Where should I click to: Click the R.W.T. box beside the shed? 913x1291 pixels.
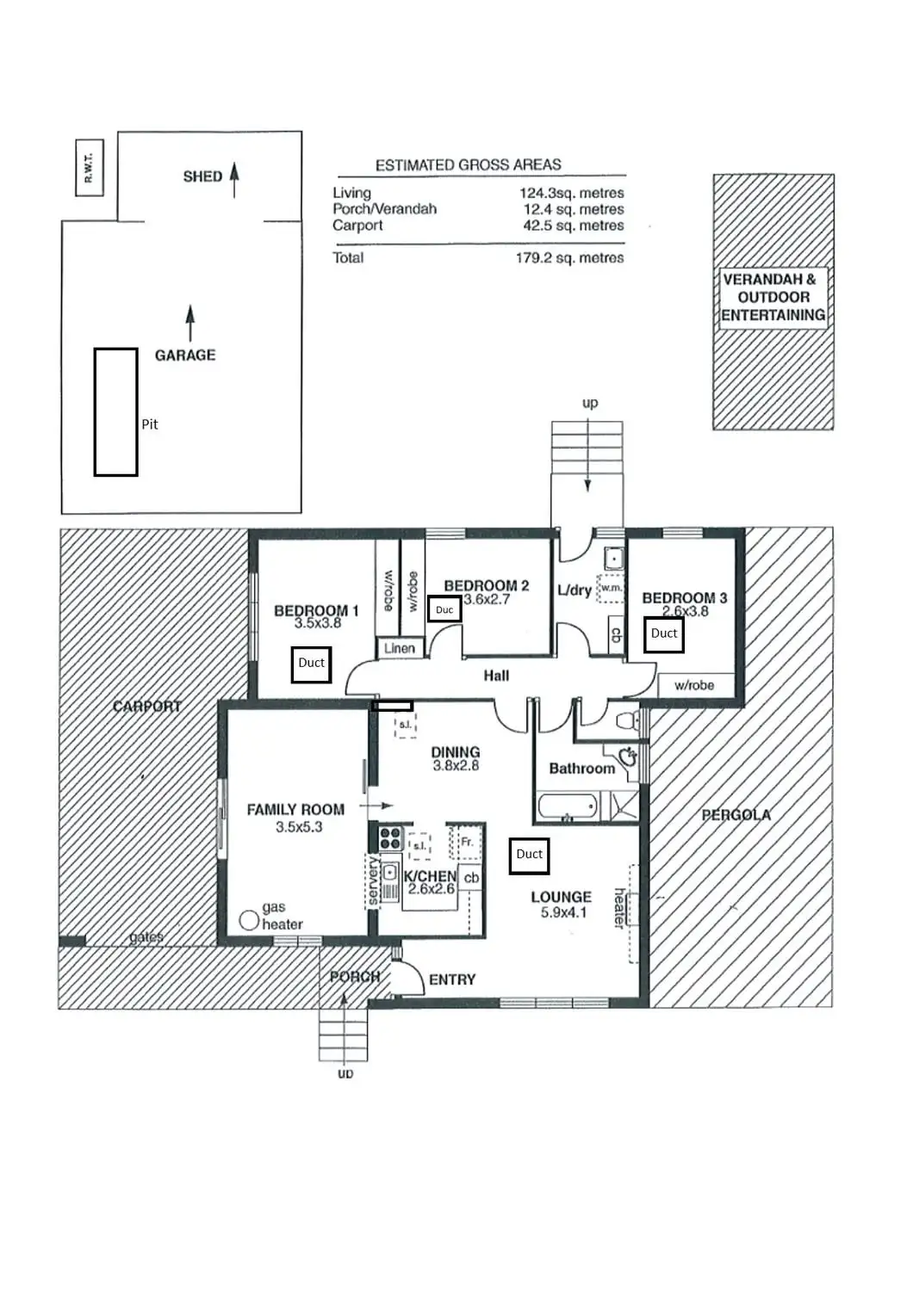coord(89,167)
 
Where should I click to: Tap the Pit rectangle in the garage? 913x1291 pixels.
coord(115,411)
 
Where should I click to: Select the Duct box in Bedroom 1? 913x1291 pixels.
coord(311,664)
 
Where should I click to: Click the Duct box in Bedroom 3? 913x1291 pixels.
coord(664,634)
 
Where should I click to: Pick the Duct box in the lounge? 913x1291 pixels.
coord(529,855)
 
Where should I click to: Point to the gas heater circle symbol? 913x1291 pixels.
coord(249,920)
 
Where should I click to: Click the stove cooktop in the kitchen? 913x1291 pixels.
coord(391,838)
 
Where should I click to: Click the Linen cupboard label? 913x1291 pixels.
coord(400,648)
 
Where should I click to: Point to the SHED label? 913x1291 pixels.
coord(202,176)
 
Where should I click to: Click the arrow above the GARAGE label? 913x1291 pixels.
coord(190,324)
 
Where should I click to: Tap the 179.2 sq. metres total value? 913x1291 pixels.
coord(569,258)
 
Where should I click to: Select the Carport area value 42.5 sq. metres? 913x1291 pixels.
coord(573,225)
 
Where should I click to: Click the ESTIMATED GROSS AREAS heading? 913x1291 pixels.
coord(468,165)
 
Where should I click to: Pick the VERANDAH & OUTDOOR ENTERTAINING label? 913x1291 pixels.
coord(773,297)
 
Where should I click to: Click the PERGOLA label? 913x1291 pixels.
coord(736,815)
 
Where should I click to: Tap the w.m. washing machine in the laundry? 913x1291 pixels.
coord(611,588)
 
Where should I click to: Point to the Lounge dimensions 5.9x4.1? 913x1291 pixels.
coord(563,912)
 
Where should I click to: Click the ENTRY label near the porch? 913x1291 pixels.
coord(452,979)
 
